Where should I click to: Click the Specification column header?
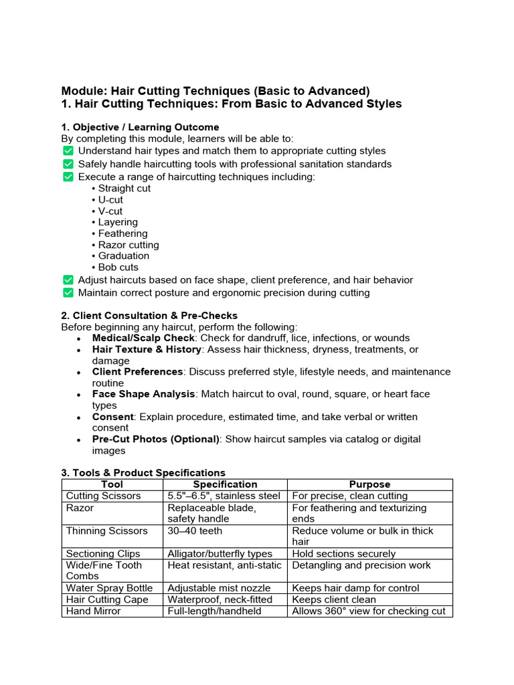coord(225,484)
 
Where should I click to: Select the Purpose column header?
coord(369,484)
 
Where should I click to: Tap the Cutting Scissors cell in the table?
coord(104,496)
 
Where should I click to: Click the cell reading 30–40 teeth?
coord(195,530)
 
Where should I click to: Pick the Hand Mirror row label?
coord(94,611)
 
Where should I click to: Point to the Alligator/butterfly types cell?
coord(220,553)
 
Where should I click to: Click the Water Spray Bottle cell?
coord(109,588)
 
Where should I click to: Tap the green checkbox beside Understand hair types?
coord(68,151)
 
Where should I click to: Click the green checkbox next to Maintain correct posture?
coord(68,292)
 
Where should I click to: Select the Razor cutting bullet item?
coord(128,245)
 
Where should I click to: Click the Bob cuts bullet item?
coord(118,267)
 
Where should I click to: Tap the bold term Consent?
coord(113,417)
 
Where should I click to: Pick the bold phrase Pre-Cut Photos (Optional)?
coord(156,439)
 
